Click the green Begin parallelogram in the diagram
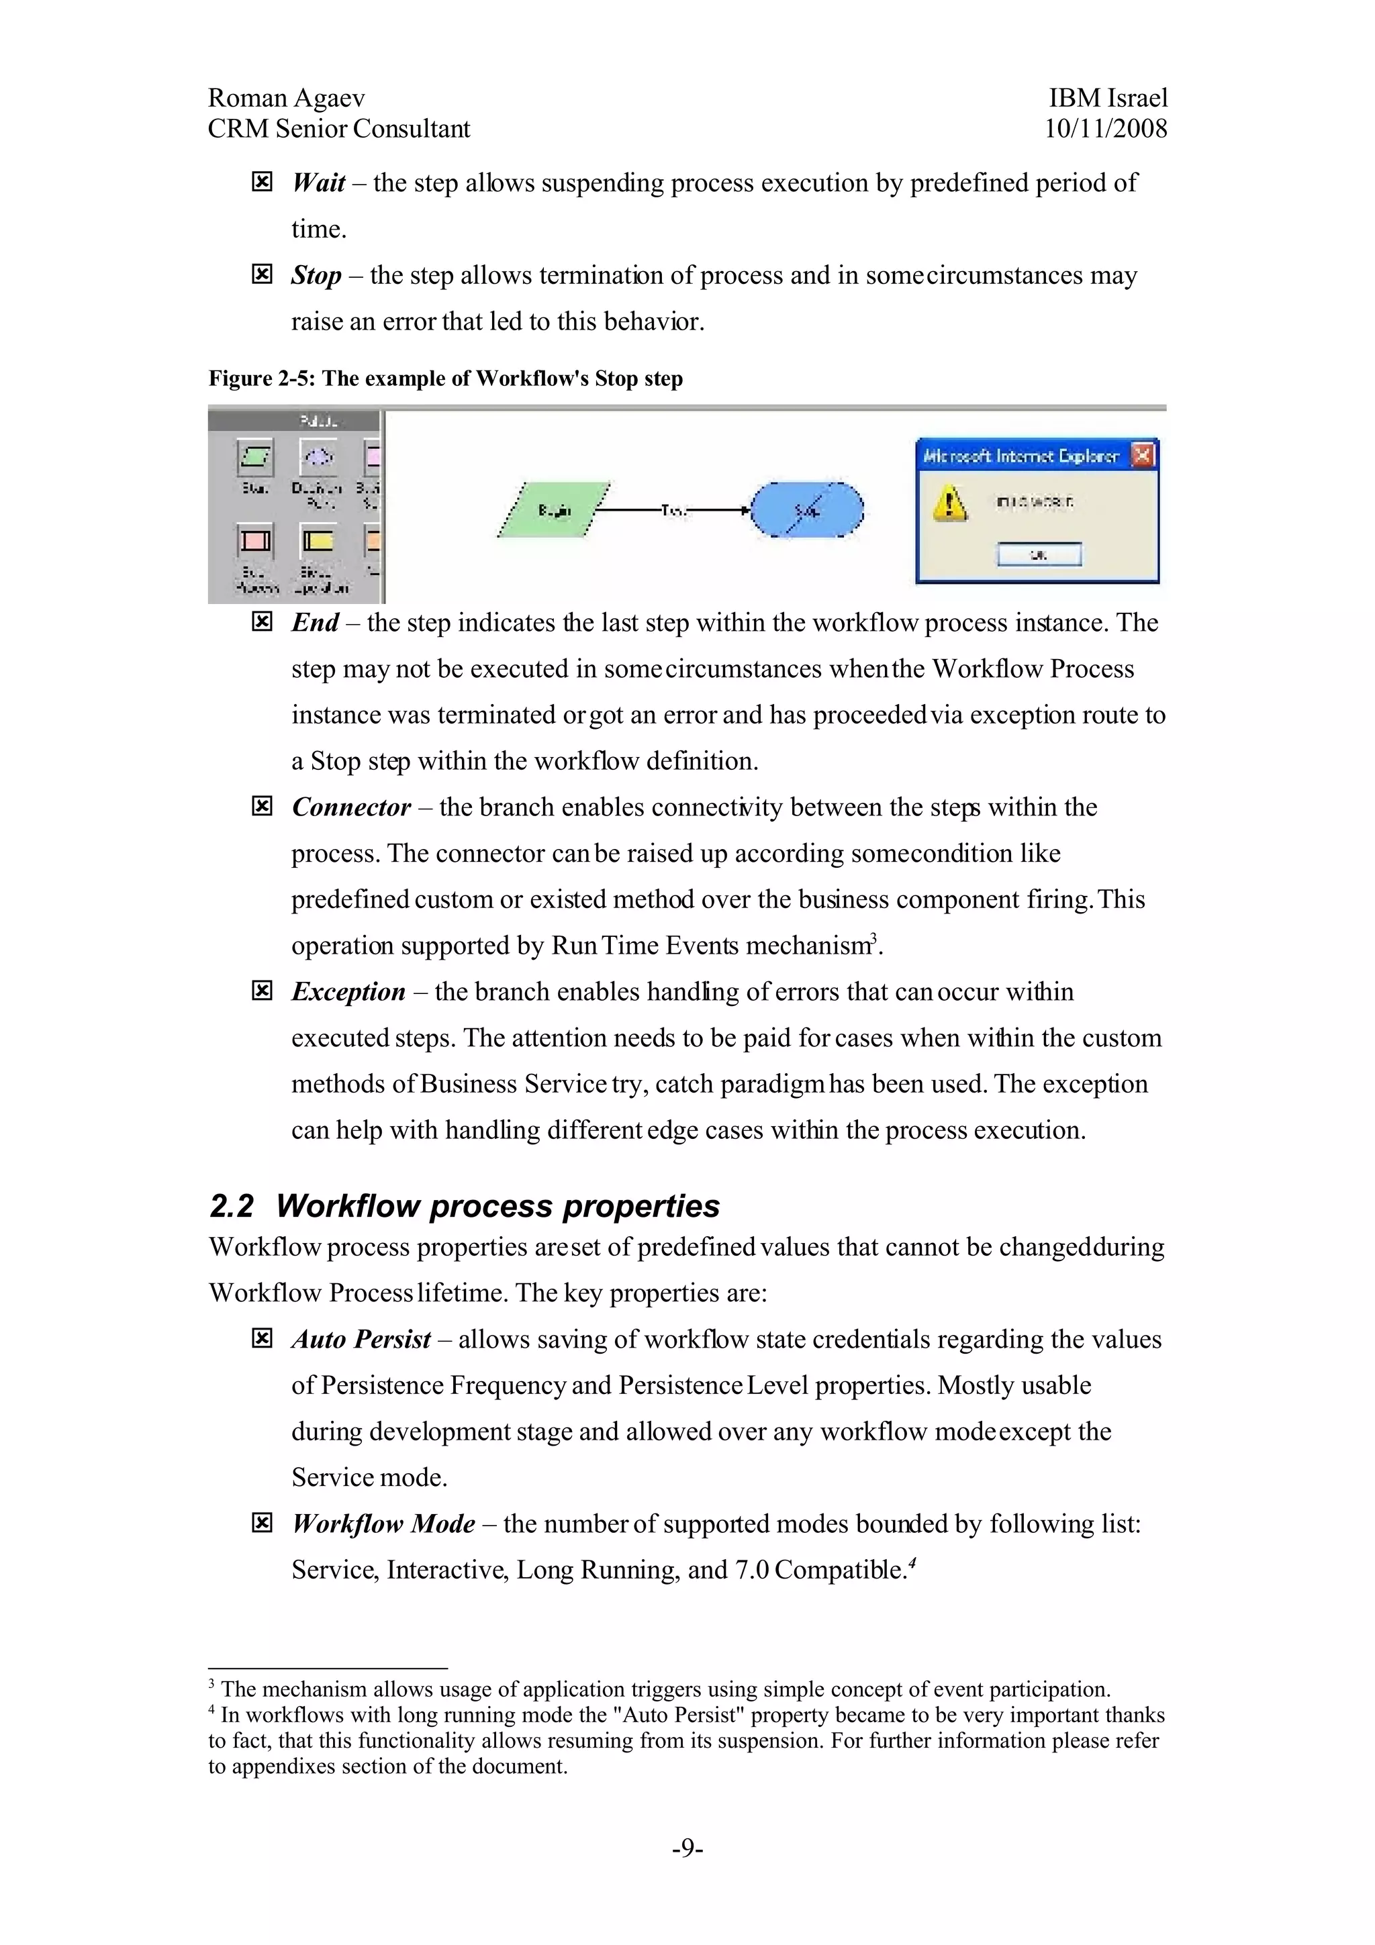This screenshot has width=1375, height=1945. pyautogui.click(x=554, y=510)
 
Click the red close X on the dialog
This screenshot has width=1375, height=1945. pyautogui.click(x=1142, y=456)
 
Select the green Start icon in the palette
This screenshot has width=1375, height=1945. pyautogui.click(x=254, y=458)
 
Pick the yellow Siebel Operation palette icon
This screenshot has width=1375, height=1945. pyautogui.click(x=318, y=540)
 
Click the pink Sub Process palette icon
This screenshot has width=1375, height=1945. pyautogui.click(x=254, y=540)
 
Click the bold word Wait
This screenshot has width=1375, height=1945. pyautogui.click(x=318, y=183)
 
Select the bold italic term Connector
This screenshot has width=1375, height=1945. pyautogui.click(x=350, y=807)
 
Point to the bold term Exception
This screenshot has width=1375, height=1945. pyautogui.click(x=348, y=992)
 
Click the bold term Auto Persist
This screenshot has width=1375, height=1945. pyautogui.click(x=361, y=1340)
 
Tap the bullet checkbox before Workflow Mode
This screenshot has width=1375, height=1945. pyautogui.click(x=262, y=1523)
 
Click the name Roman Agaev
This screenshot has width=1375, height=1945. pyautogui.click(x=287, y=98)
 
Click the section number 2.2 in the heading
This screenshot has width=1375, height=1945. pyautogui.click(x=230, y=1206)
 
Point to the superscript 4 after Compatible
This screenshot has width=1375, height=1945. pyautogui.click(x=913, y=1561)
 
